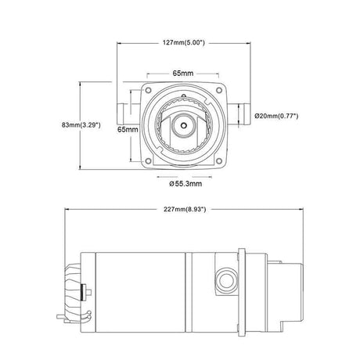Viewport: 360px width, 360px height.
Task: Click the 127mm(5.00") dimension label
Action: [x=184, y=42]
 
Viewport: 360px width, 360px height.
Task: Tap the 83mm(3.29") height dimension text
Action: [x=81, y=125]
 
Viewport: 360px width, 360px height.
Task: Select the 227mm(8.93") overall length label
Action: [x=185, y=209]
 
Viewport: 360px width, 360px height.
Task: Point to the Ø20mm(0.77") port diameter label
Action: [x=276, y=116]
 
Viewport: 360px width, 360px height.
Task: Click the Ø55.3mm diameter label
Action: [x=185, y=184]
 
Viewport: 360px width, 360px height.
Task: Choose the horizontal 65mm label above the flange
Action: [x=183, y=74]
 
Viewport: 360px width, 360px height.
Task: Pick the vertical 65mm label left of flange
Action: [x=128, y=129]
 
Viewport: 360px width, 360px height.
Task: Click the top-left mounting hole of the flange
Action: [x=148, y=90]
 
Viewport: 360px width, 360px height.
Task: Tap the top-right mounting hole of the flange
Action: [x=219, y=90]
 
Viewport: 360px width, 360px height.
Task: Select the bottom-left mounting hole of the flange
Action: [x=148, y=161]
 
